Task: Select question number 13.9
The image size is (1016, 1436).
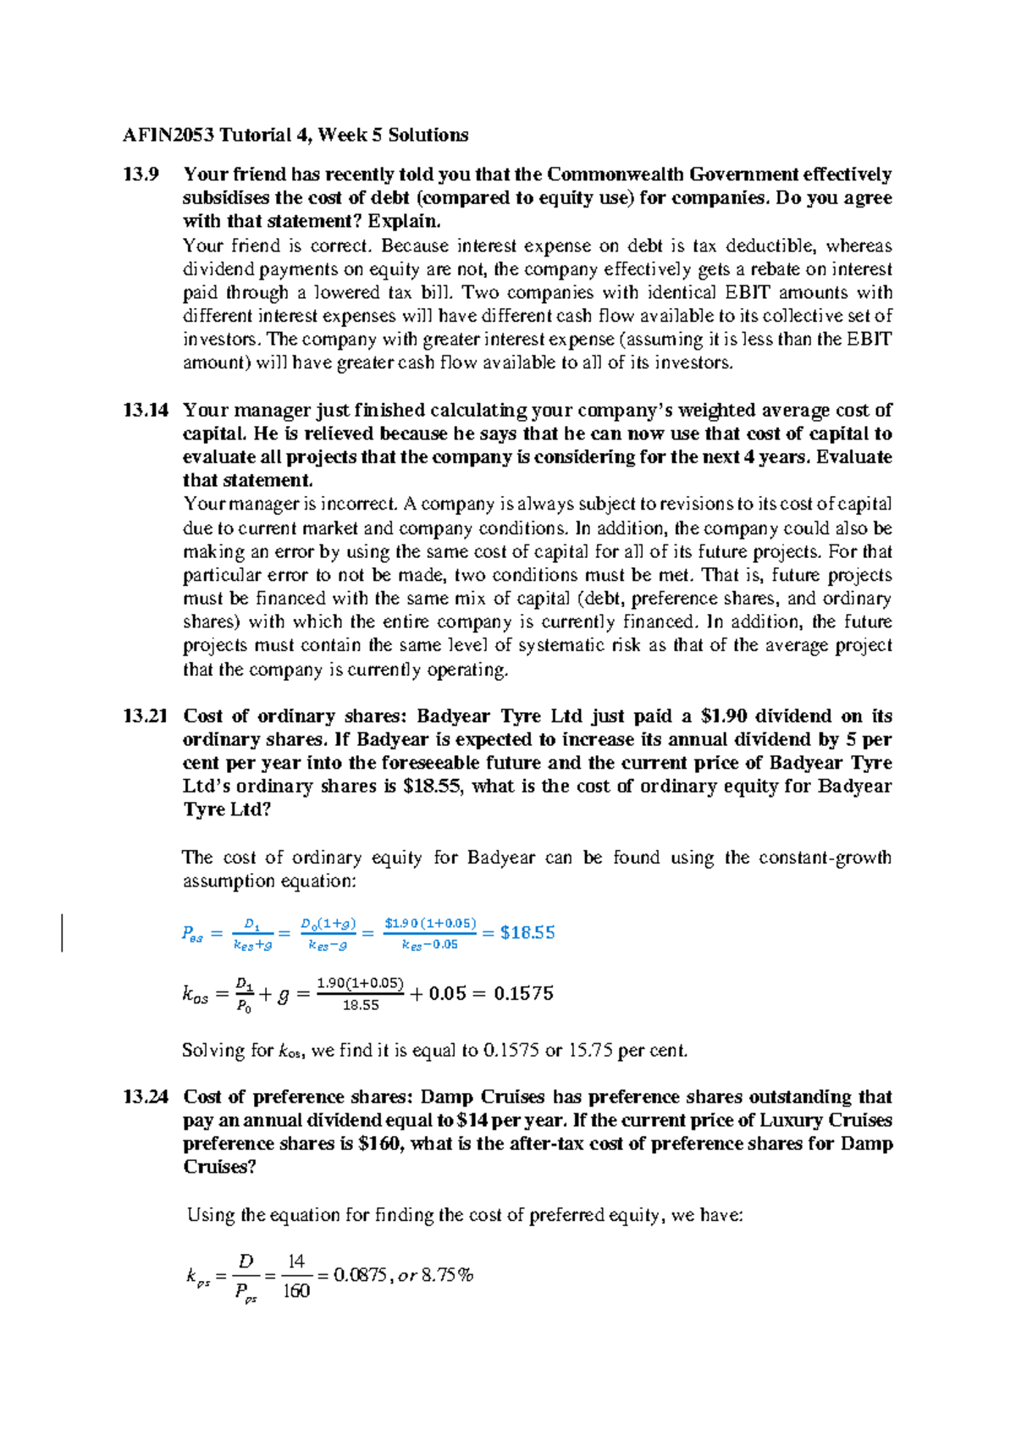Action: [x=141, y=175]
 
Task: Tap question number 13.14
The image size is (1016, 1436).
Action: [x=146, y=411]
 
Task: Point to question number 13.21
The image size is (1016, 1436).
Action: [x=146, y=716]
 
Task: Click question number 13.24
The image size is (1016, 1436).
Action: [x=146, y=1097]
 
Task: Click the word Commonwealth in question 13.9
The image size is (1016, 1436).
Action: [x=615, y=175]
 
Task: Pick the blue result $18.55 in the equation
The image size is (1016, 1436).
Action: [x=527, y=933]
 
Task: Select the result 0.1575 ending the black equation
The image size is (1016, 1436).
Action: [x=523, y=994]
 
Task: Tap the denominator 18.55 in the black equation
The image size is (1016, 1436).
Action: [x=361, y=1006]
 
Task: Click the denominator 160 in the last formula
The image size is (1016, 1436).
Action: [x=296, y=1291]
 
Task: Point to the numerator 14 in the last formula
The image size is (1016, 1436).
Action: [x=296, y=1262]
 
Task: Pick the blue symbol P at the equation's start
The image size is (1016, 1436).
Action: [x=188, y=933]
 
